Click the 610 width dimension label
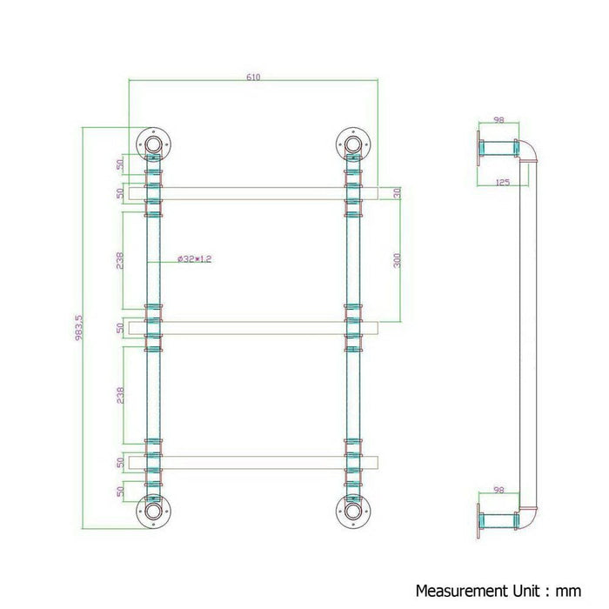[253, 77]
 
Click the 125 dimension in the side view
[502, 182]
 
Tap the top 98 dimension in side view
[499, 121]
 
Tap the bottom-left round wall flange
[154, 512]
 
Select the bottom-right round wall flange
[353, 512]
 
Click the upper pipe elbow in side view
[529, 153]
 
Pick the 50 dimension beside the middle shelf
[119, 328]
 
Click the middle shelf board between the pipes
[252, 328]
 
